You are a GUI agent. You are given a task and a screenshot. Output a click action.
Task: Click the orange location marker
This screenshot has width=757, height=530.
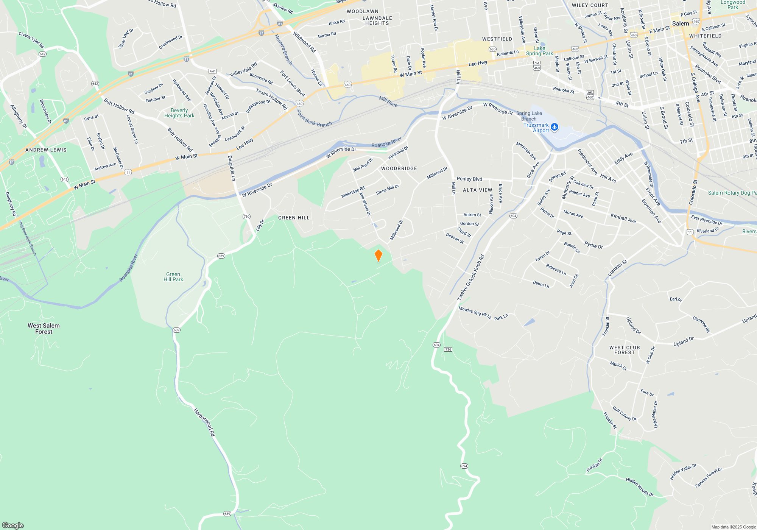(378, 256)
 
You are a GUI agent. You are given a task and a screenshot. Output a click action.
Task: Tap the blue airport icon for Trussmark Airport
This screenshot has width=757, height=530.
(555, 127)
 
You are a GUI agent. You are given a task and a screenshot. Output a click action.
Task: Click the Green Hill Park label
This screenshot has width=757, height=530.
(173, 277)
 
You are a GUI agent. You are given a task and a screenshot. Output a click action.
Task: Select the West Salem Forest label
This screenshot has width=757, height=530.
(44, 329)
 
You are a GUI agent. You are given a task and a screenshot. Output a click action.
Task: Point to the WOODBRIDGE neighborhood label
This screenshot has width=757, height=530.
(399, 168)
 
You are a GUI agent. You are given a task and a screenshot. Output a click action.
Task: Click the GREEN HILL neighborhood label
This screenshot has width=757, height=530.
(294, 218)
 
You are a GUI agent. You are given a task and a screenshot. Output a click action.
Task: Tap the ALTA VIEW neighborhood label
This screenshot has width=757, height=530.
(477, 190)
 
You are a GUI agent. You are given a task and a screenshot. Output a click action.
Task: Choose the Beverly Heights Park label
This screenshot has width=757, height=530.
(179, 113)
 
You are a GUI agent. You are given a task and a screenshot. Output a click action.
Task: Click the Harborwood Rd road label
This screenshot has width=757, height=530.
(204, 422)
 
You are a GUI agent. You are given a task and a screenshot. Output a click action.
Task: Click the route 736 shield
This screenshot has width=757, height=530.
(448, 349)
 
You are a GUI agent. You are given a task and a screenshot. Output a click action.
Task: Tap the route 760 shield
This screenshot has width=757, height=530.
(246, 217)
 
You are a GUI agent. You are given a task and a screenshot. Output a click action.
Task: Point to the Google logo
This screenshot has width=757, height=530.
(13, 525)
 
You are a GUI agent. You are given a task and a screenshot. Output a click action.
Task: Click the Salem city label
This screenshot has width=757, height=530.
(681, 23)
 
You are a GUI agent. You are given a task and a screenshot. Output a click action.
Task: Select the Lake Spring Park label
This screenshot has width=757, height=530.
(539, 51)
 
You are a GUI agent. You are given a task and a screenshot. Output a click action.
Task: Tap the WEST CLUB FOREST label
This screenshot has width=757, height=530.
(625, 350)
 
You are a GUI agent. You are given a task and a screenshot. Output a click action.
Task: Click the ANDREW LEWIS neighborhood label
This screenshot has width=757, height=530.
(46, 150)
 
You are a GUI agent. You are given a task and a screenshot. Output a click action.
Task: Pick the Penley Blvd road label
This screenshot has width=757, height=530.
(469, 179)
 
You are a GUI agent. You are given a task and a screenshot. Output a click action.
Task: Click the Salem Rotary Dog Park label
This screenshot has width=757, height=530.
(732, 193)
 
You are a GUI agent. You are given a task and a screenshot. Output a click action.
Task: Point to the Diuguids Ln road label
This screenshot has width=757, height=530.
(232, 168)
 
